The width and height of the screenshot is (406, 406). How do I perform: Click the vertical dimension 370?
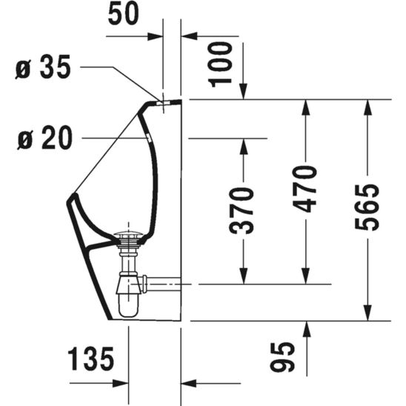tap(243, 210)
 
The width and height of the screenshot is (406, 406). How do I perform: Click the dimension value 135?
tap(91, 360)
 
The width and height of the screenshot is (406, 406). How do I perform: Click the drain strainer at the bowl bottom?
tap(130, 237)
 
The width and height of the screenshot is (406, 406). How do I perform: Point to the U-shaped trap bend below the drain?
tap(127, 305)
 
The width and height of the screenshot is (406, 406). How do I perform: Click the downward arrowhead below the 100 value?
tap(244, 92)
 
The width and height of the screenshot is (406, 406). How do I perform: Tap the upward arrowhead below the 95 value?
tap(305, 328)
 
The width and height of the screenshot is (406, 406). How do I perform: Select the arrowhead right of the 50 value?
tap(158, 35)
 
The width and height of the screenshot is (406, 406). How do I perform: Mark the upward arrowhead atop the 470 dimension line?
tap(305, 104)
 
